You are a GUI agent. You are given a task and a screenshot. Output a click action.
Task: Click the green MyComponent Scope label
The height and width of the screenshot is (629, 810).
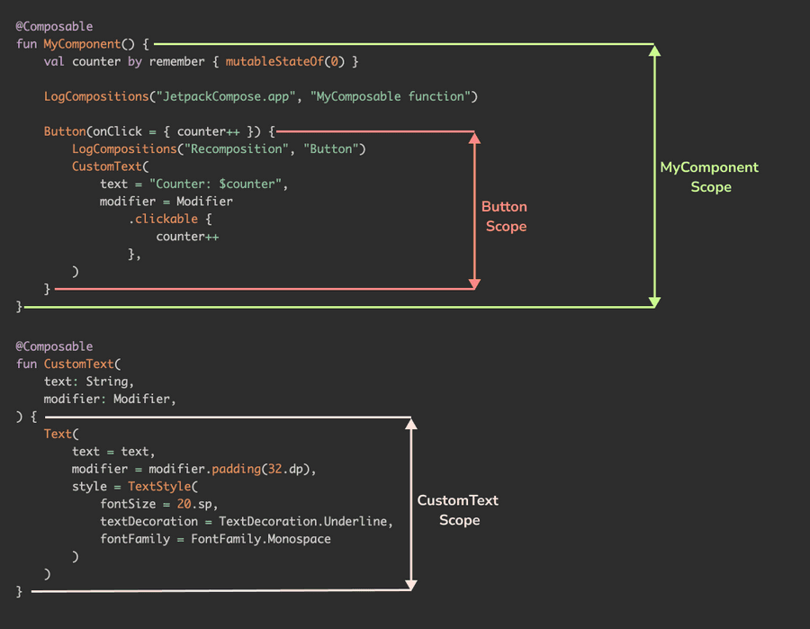click(709, 177)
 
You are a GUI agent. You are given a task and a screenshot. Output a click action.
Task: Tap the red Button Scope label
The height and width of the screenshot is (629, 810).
click(505, 217)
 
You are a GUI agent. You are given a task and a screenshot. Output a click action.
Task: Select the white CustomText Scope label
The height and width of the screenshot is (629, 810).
click(458, 510)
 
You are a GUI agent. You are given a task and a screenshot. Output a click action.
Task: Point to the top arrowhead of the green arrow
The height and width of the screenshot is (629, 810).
click(655, 51)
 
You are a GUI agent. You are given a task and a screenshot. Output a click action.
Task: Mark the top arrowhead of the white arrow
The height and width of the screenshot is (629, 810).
click(411, 424)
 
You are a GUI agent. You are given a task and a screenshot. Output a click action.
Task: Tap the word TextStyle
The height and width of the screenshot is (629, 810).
click(156, 487)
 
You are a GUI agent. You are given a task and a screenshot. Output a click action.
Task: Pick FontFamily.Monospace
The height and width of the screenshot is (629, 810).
click(260, 539)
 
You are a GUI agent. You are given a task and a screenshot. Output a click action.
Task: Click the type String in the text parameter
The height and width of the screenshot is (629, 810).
click(109, 382)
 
